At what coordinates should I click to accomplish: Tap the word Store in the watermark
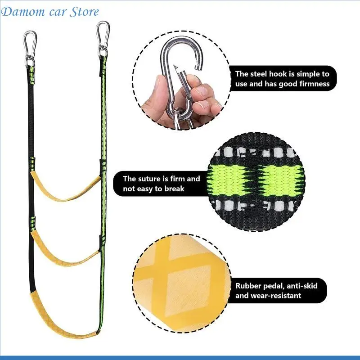(84, 12)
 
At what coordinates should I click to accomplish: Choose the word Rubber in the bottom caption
(248, 286)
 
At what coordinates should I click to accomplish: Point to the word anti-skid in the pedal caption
(302, 286)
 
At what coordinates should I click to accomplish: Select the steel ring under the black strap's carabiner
(30, 63)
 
